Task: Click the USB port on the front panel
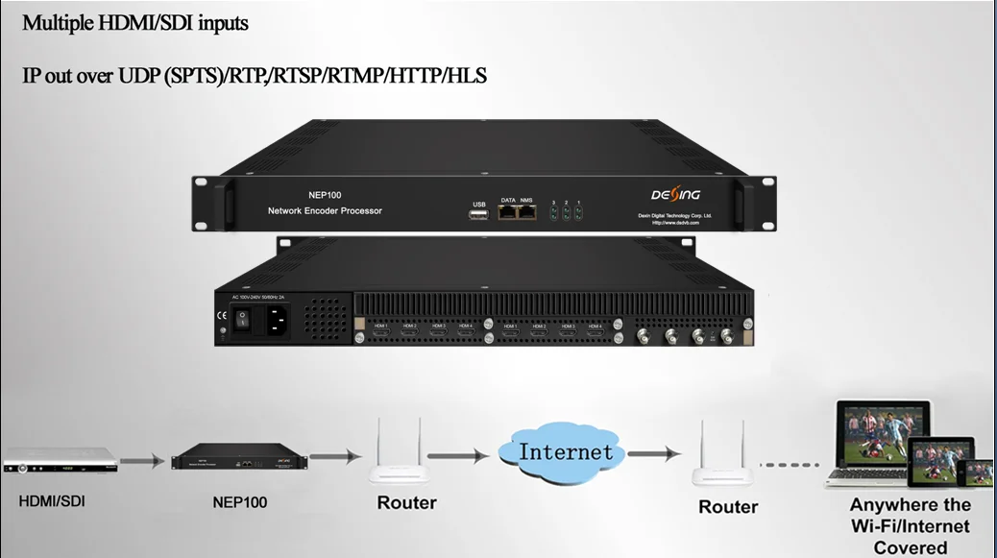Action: (x=479, y=213)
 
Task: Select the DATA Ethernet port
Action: (x=508, y=211)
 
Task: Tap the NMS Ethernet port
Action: (x=526, y=211)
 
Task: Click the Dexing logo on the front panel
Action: (x=664, y=196)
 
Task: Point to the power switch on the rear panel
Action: (x=242, y=318)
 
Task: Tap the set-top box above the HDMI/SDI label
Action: (x=60, y=463)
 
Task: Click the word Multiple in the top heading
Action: (x=58, y=23)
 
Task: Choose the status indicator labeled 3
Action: (x=554, y=213)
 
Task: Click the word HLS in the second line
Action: (x=468, y=75)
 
